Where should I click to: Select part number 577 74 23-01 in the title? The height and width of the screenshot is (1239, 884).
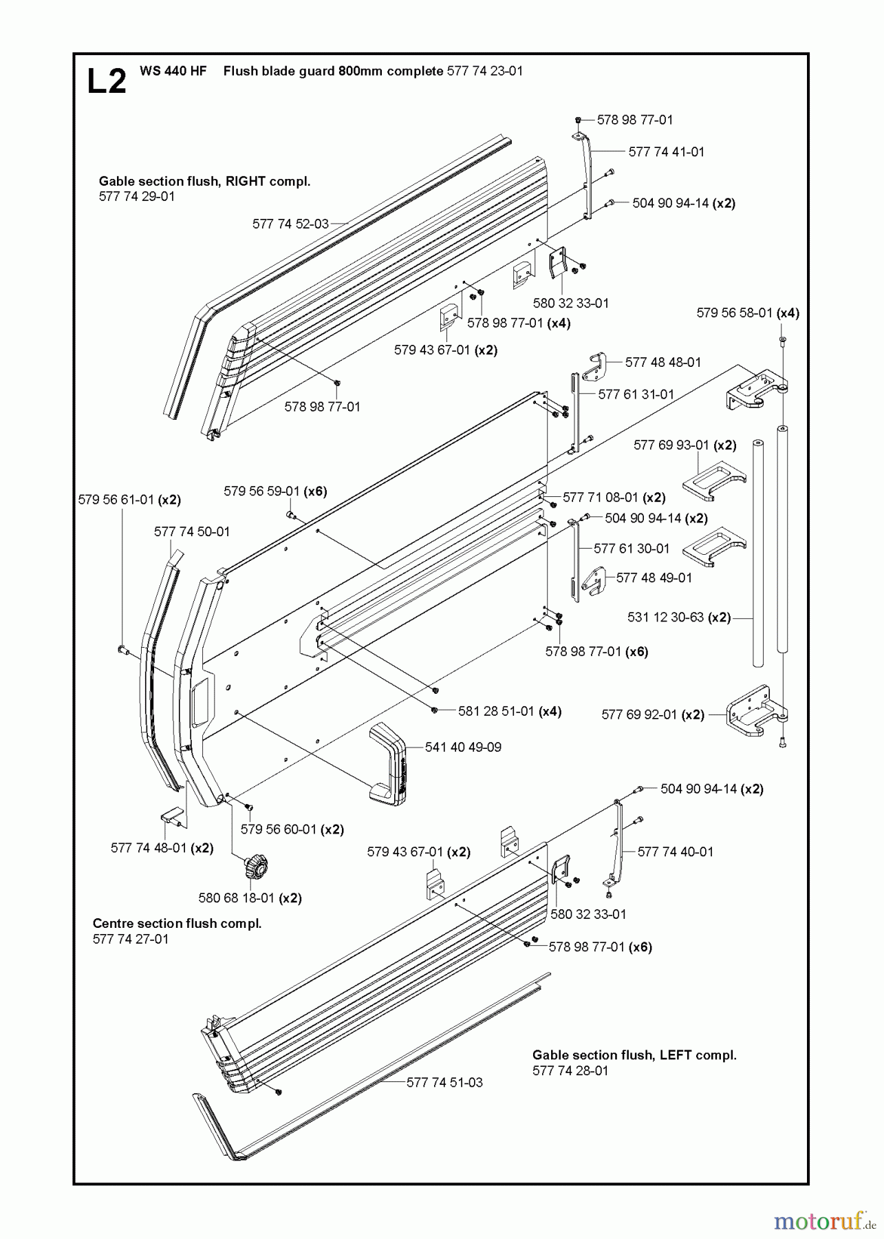484,71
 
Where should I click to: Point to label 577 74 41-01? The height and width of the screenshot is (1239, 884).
666,152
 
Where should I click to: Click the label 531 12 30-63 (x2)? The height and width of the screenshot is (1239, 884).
678,617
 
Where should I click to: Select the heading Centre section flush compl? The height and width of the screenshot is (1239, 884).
177,923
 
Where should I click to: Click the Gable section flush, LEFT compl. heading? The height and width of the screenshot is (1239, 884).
634,1055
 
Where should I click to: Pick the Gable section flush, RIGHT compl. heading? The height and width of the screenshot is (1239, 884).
204,181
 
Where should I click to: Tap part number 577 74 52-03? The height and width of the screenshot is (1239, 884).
290,224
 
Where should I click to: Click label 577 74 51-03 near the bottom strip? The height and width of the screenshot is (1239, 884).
444,1082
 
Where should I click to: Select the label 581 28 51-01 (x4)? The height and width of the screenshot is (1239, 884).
510,711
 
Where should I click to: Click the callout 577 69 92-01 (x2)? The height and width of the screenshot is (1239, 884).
652,714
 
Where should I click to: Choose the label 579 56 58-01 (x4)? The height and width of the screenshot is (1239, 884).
747,313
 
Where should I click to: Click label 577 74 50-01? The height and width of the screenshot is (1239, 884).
192,531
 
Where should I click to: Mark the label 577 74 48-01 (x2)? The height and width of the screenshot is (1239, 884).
162,848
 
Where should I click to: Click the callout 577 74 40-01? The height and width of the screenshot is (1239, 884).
675,851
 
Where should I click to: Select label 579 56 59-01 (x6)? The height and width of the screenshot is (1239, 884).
275,491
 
